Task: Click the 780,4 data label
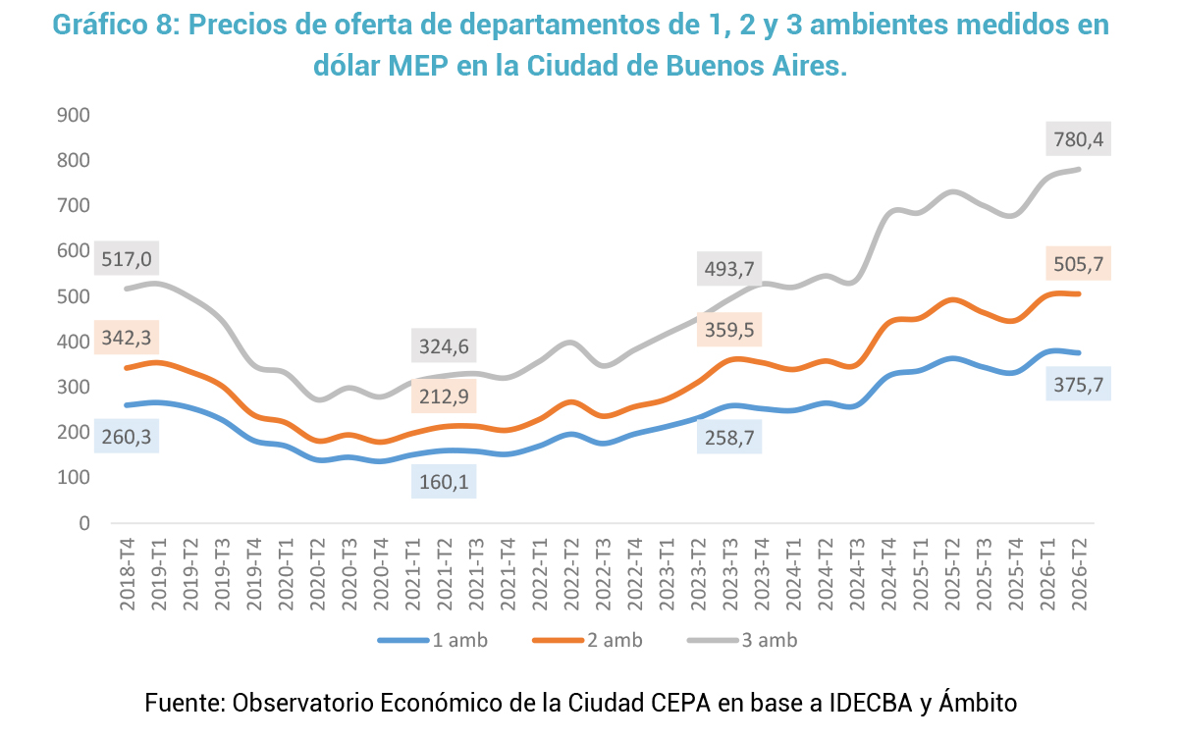point(1078,139)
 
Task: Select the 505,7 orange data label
point(1078,263)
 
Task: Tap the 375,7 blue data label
point(1078,385)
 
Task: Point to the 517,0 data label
point(127,259)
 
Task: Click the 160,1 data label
point(444,481)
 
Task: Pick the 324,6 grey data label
point(444,346)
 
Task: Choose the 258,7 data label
point(729,437)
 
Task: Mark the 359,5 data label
point(729,330)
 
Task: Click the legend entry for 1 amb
point(433,640)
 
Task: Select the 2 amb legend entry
point(587,640)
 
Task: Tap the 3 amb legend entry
point(742,640)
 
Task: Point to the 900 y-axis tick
point(73,115)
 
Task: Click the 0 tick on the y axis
point(84,523)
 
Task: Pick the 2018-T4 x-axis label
point(128,574)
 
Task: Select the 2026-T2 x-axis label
point(1079,574)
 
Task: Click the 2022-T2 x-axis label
point(571,574)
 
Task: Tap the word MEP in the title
point(418,66)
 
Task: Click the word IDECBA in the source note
point(871,703)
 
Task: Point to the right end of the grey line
point(1079,170)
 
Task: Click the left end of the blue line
point(127,405)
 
